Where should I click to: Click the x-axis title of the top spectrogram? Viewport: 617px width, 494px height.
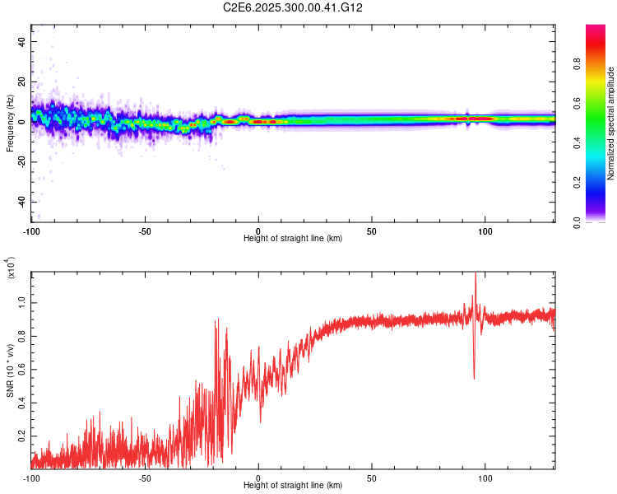[293, 238]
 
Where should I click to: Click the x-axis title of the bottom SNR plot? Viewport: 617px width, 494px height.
[293, 485]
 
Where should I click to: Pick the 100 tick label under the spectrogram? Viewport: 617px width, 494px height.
[485, 230]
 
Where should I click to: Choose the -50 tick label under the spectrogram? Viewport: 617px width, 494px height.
[145, 230]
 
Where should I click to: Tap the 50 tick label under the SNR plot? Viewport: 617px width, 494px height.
[372, 477]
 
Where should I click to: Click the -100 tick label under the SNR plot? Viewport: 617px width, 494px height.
[31, 477]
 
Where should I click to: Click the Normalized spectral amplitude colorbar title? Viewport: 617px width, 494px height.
[610, 123]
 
